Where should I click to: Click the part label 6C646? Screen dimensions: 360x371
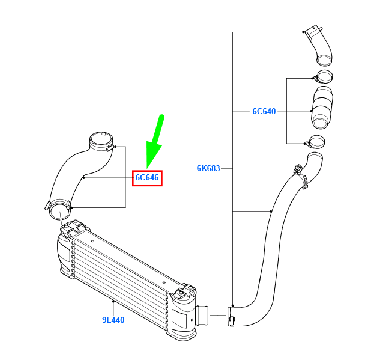tap(147, 178)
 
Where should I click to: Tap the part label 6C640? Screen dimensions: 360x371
tap(264, 111)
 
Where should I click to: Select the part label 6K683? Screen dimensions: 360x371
tap(208, 169)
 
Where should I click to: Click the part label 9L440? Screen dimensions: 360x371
tap(113, 320)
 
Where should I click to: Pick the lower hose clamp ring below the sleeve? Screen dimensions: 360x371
tap(316, 143)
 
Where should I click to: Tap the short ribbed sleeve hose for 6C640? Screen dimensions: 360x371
tap(323, 108)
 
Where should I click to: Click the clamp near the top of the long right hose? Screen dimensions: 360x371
tap(300, 175)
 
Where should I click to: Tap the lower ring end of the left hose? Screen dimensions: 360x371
tap(59, 211)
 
